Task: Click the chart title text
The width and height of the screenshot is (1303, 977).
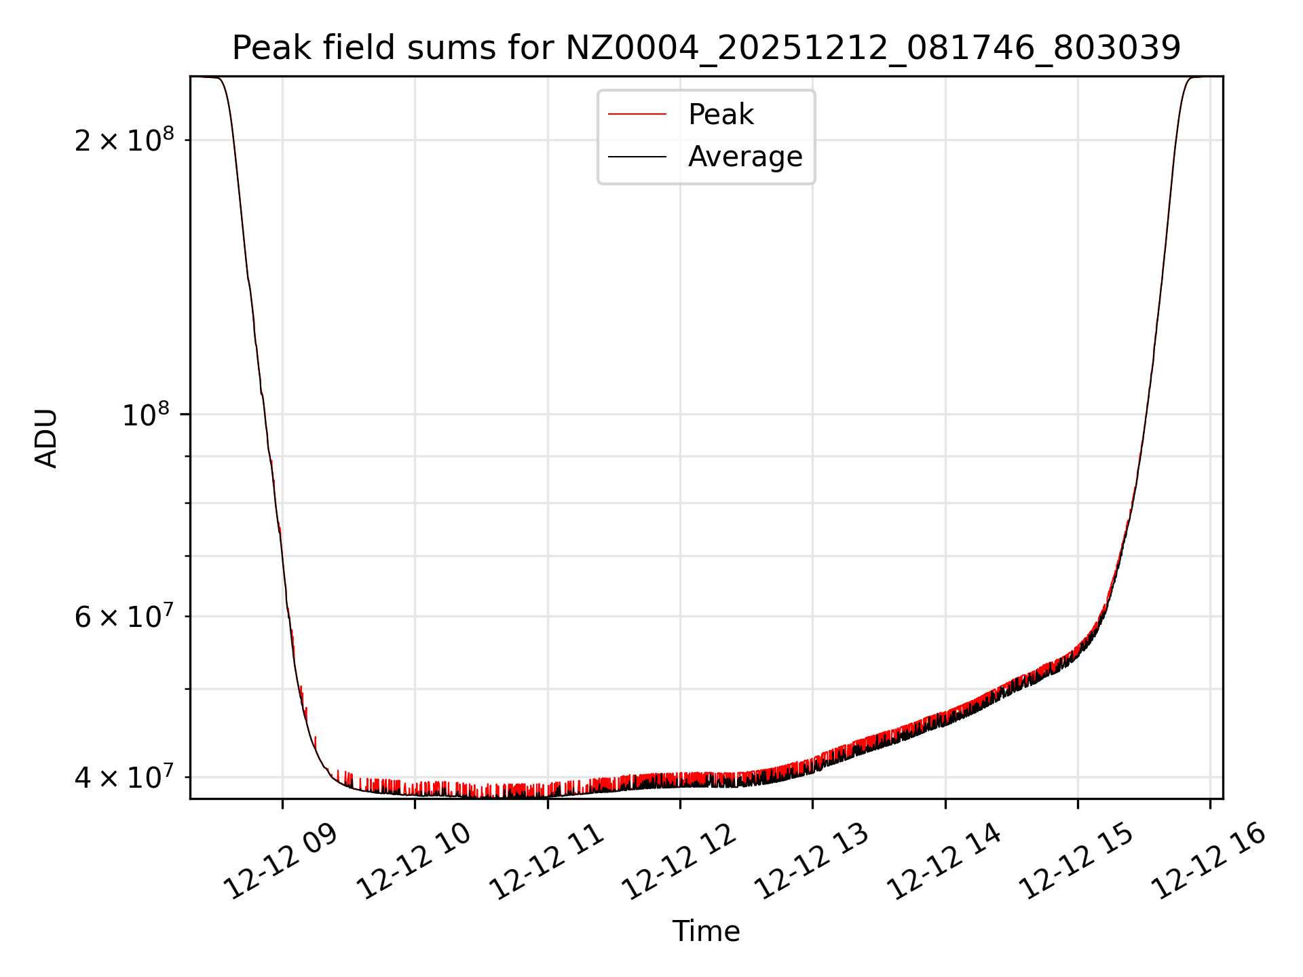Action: click(x=706, y=48)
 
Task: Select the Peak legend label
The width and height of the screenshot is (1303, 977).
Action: click(x=721, y=115)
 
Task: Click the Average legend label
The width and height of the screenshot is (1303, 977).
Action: click(x=745, y=157)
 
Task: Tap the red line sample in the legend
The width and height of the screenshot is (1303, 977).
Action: click(x=637, y=115)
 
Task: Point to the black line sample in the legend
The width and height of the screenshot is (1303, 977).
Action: click(x=637, y=157)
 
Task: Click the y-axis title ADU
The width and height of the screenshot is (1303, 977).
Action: click(x=46, y=438)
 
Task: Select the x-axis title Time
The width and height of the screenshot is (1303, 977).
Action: click(x=706, y=932)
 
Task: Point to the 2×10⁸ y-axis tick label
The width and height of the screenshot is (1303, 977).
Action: click(x=124, y=140)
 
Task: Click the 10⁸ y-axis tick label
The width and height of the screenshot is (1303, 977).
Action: click(x=145, y=415)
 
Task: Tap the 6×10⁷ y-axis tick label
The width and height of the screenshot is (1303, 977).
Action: click(x=124, y=617)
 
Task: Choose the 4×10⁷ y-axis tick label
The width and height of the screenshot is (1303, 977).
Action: click(x=124, y=777)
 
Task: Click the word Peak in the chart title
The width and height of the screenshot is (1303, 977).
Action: click(x=262, y=48)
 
